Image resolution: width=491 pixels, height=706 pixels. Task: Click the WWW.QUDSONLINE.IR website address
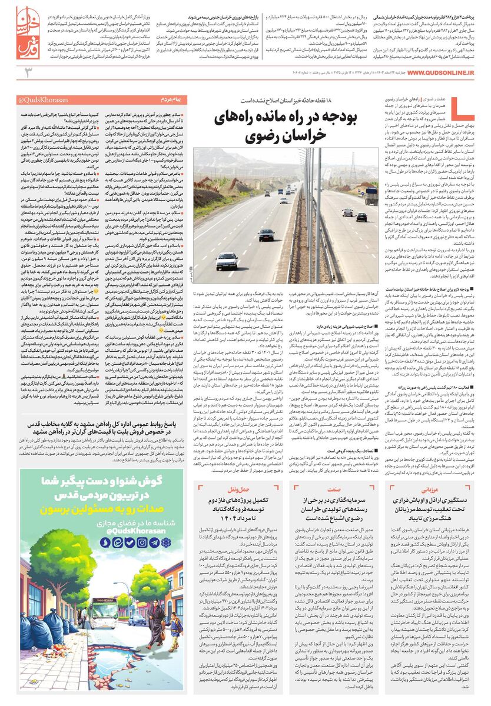pos(433,72)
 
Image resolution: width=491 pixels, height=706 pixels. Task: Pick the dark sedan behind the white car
pos(266,235)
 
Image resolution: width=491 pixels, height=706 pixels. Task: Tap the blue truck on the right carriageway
pos(371,195)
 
